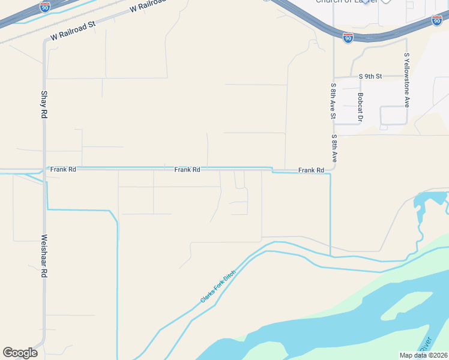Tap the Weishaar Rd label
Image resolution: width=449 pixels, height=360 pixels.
tap(44, 255)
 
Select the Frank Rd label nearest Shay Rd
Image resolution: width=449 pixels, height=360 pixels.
tap(63, 170)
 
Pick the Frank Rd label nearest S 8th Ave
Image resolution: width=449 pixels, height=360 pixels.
tap(311, 171)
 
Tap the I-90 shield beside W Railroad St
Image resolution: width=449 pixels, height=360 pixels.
tap(45, 7)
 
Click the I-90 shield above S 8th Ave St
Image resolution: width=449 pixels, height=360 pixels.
tap(348, 38)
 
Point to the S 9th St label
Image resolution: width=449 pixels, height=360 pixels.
tap(370, 76)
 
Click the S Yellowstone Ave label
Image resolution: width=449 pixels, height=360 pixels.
tap(407, 80)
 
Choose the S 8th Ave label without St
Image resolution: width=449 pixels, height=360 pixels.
tap(334, 148)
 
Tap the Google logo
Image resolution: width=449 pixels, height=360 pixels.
tap(20, 353)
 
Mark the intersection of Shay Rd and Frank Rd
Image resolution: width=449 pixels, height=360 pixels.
tap(44, 170)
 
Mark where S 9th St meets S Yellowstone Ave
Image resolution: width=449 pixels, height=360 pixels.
tap(406, 76)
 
